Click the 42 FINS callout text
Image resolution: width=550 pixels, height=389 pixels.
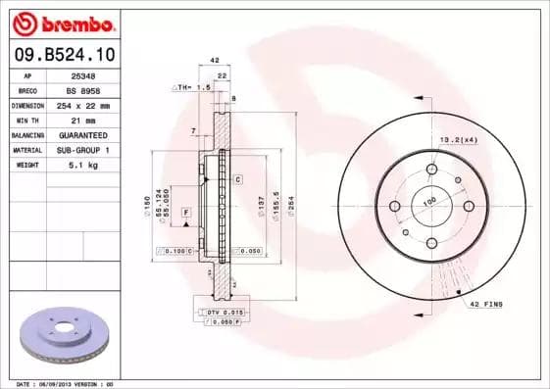coord(487,305)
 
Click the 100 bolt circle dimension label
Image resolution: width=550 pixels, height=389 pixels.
coord(428,201)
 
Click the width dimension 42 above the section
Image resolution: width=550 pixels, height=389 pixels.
coord(215,60)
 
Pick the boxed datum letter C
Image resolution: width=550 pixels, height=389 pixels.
coord(237,180)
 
